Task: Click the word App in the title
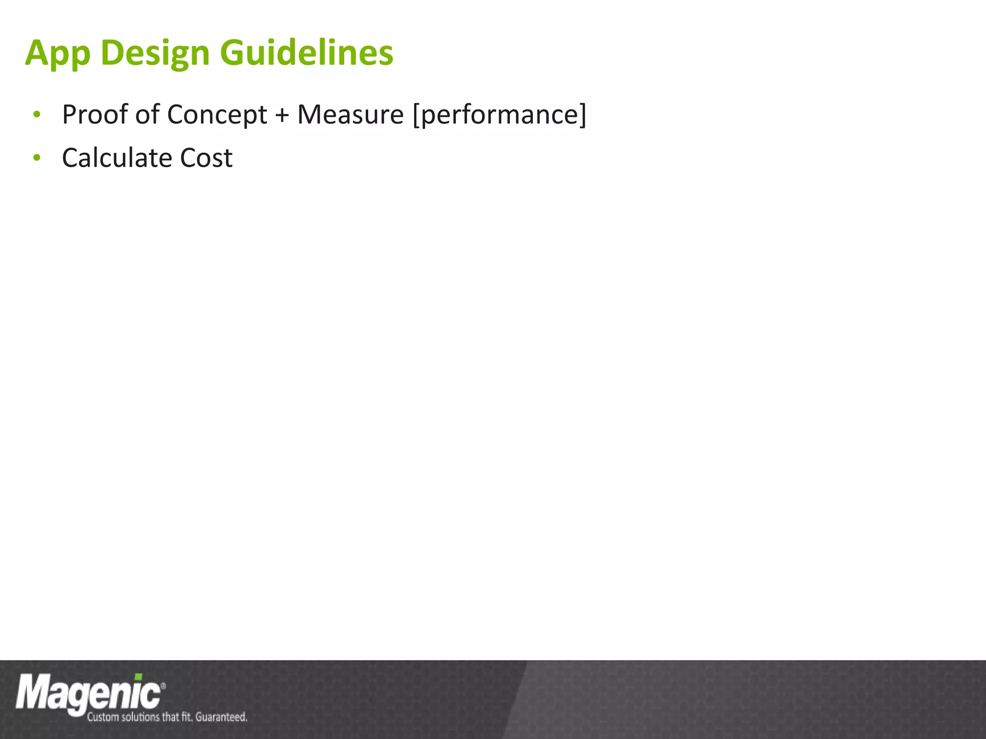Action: (x=57, y=53)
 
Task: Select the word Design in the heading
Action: (x=155, y=53)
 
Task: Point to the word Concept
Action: (x=217, y=115)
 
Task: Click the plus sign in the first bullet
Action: (x=282, y=115)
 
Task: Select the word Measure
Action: (x=350, y=115)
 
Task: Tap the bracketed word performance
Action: (x=499, y=115)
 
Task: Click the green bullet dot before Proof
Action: (x=37, y=115)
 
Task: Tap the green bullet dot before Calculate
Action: (x=37, y=157)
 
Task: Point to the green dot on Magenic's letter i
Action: (x=138, y=677)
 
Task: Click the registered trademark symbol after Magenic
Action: (x=163, y=686)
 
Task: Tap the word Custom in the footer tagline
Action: (x=103, y=717)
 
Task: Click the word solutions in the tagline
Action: (x=140, y=717)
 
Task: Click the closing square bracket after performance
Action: (x=583, y=115)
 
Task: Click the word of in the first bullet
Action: (x=147, y=115)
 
